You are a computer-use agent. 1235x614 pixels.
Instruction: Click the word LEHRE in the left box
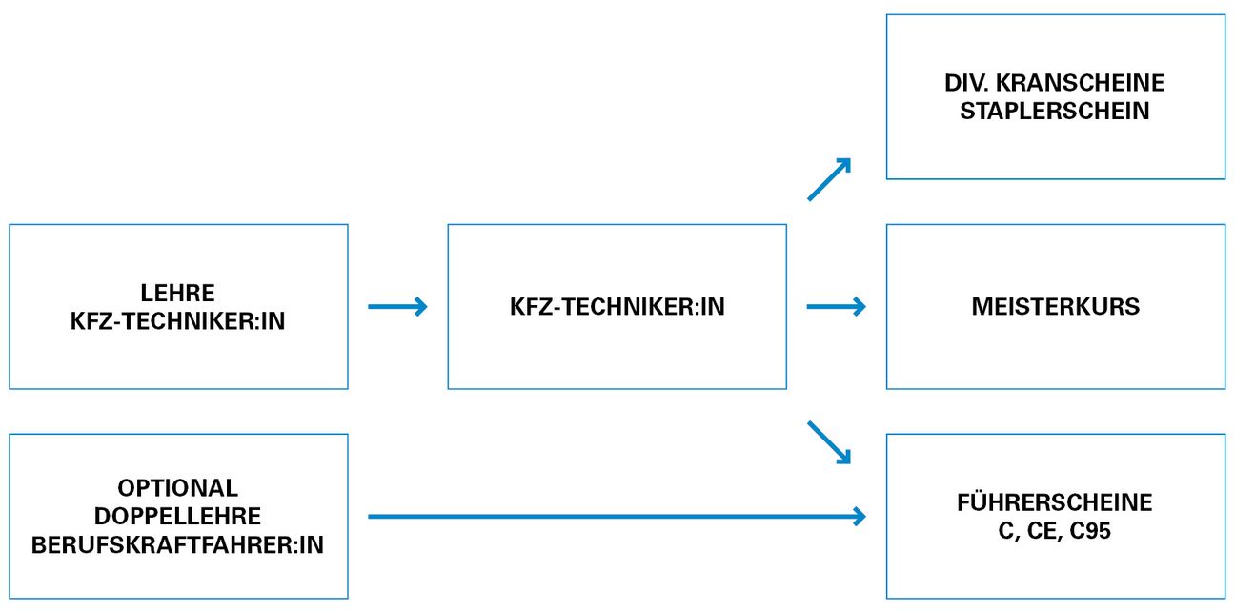[x=178, y=293]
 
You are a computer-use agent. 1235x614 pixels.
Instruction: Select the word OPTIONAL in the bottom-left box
[x=178, y=488]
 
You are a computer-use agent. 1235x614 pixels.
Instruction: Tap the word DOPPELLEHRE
[x=178, y=517]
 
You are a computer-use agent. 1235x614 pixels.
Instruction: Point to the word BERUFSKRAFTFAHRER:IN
[x=178, y=546]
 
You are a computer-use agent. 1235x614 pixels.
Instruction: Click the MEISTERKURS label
[x=1055, y=307]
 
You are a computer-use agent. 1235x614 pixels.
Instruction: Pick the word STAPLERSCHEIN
[x=1055, y=112]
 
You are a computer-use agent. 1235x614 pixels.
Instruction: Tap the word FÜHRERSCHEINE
[x=1055, y=502]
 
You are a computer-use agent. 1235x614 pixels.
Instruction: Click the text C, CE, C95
[x=1055, y=531]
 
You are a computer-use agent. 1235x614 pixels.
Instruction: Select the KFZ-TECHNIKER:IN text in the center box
[x=617, y=307]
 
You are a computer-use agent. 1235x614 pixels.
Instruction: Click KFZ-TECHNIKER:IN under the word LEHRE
[x=178, y=321]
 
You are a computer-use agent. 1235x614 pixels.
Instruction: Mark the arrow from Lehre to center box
[x=397, y=307]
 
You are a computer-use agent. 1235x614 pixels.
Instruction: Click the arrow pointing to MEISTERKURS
[x=836, y=307]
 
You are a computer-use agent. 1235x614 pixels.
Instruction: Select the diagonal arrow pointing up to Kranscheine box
[x=828, y=180]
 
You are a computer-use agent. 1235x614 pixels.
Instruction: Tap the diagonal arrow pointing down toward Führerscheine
[x=828, y=441]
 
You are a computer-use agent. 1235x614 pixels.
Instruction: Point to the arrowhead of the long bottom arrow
[x=860, y=517]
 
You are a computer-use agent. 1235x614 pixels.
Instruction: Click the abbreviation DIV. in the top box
[x=966, y=83]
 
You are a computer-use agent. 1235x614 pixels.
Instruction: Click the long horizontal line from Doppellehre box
[x=610, y=517]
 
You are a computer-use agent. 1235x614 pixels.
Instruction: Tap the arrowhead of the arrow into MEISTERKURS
[x=860, y=307]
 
